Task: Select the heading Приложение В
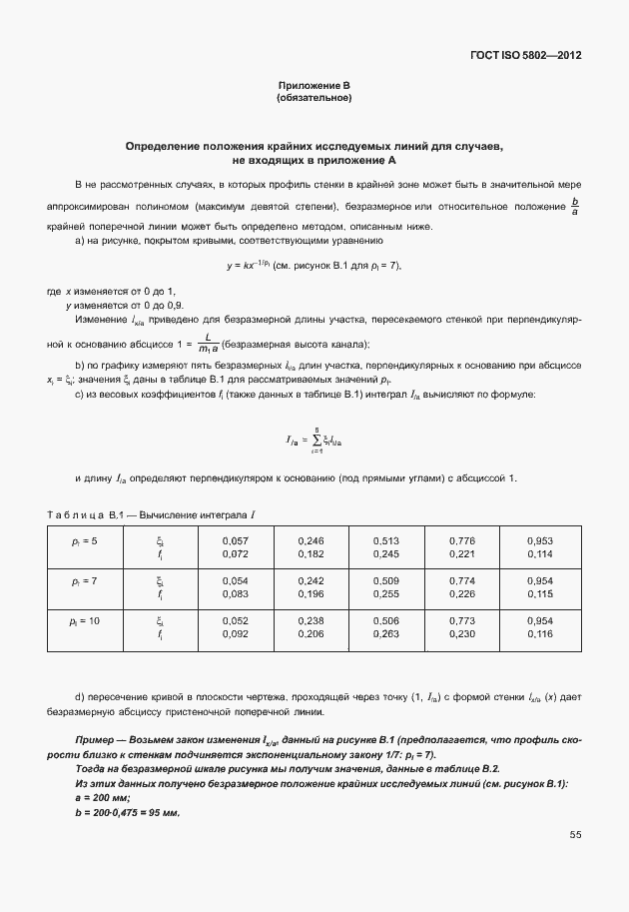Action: [x=314, y=87]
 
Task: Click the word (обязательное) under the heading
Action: [x=314, y=99]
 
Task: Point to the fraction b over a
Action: [x=574, y=208]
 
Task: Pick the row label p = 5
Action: [x=85, y=540]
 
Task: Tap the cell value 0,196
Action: [x=312, y=594]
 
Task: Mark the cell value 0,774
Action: [x=462, y=580]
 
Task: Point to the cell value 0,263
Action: [x=385, y=634]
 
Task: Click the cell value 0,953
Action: [x=540, y=540]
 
